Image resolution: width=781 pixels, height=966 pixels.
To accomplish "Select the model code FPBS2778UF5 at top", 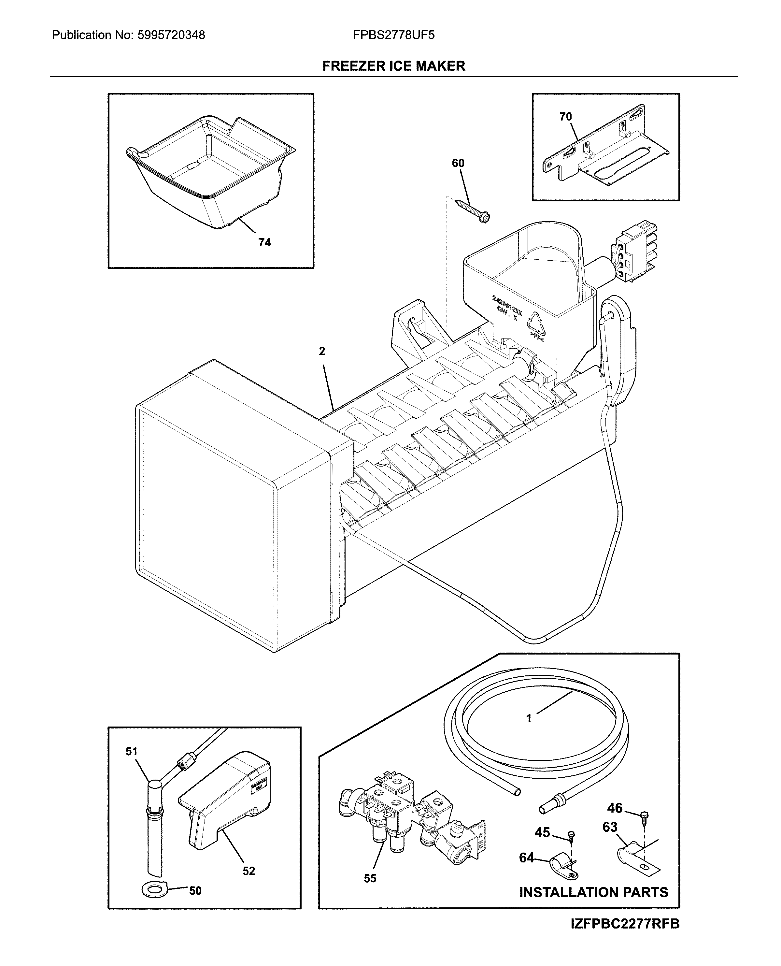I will (394, 35).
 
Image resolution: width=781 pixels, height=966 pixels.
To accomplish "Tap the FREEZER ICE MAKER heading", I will (394, 66).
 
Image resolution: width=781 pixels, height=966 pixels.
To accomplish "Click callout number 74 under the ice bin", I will (264, 243).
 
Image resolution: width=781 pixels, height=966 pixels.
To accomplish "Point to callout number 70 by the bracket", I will (565, 117).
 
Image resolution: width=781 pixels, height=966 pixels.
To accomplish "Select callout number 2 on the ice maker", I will (322, 352).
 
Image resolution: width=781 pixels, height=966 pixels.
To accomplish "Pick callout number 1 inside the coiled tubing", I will (529, 718).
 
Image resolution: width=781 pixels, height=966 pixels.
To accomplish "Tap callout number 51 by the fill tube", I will (131, 751).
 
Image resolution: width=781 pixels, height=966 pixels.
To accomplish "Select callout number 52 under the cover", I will (249, 871).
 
